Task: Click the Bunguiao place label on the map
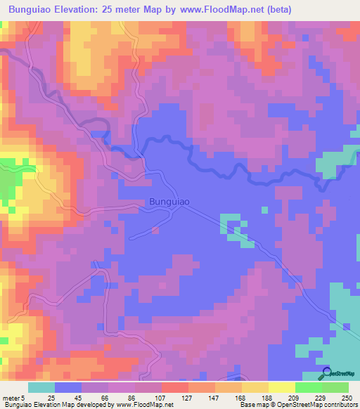[x=169, y=202]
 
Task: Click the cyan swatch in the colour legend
[x=41, y=387]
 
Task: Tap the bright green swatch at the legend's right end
[x=335, y=387]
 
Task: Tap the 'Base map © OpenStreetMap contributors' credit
[x=298, y=405]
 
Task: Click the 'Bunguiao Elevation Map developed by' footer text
[x=53, y=405]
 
